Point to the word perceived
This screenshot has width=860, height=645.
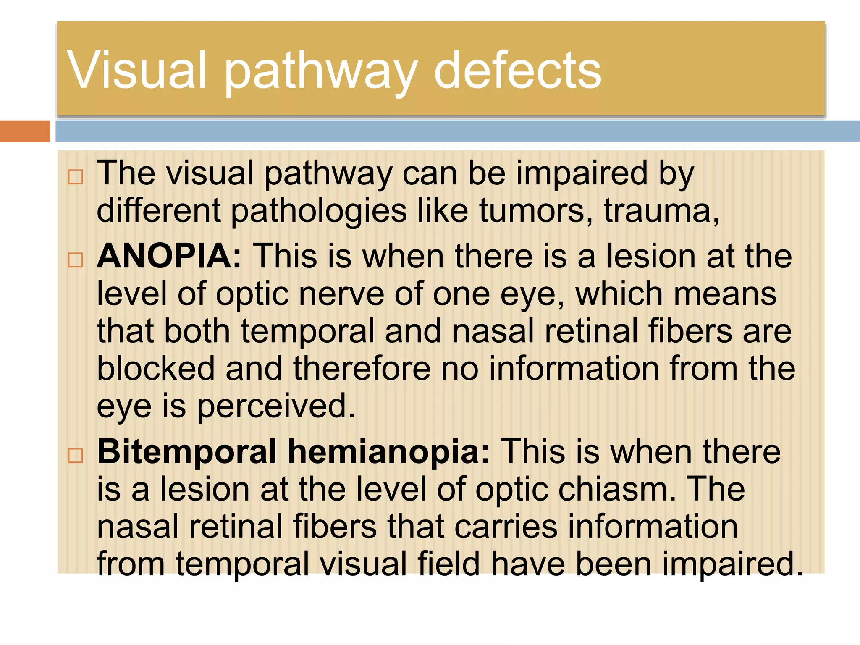pyautogui.click(x=276, y=406)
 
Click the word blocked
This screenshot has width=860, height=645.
pyautogui.click(x=156, y=368)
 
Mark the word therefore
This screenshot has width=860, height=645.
pyautogui.click(x=362, y=368)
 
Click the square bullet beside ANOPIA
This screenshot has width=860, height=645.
pyautogui.click(x=76, y=260)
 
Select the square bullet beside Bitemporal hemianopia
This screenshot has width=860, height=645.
pyautogui.click(x=76, y=456)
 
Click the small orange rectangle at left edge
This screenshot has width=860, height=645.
pyautogui.click(x=25, y=131)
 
